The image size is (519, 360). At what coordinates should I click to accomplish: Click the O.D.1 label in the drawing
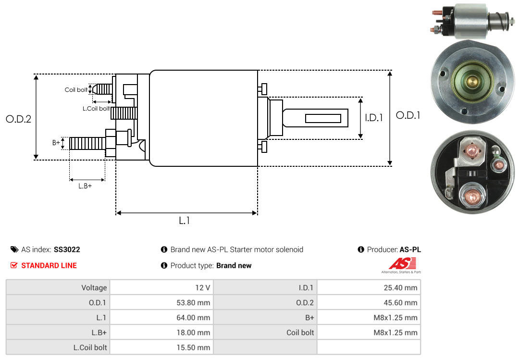click(408, 115)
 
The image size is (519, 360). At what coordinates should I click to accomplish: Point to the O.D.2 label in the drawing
click(18, 119)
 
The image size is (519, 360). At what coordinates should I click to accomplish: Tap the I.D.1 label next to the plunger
click(374, 118)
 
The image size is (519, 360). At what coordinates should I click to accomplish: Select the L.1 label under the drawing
click(185, 221)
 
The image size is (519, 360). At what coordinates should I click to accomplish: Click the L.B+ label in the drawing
click(85, 186)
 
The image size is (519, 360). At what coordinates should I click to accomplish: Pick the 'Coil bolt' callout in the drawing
click(76, 90)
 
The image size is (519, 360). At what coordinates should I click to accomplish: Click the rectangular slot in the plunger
click(323, 118)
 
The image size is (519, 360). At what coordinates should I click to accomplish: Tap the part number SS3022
click(67, 249)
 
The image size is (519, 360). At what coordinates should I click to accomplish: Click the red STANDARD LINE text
click(49, 265)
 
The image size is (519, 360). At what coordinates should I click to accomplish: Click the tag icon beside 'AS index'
click(14, 249)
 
